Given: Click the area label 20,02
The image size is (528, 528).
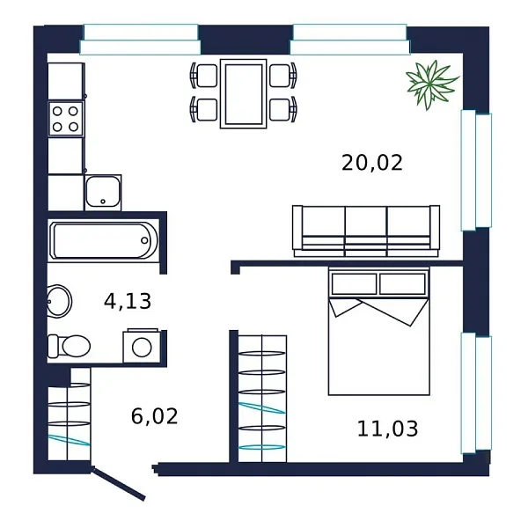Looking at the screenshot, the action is coord(371,163).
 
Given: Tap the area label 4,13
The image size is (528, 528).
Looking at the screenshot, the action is coord(128,301).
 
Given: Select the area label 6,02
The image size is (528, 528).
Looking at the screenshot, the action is coord(154,416).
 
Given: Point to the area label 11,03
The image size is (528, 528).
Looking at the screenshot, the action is coord(387,429).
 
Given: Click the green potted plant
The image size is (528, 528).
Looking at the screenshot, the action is coord(431,84).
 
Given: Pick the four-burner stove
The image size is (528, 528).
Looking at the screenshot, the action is coord(66,119).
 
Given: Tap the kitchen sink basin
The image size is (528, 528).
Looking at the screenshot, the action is coord(103,192).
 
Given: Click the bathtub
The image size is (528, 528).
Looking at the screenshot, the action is coord(103,240).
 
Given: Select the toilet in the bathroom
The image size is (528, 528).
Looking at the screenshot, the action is coord(69,346).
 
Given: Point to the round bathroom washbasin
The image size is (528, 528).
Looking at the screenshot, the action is coord(59,301).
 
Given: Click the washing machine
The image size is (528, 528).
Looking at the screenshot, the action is coord(142,346).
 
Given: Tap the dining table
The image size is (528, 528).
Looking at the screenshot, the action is coord(244,94).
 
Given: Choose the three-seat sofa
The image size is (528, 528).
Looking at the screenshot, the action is coord(366,231).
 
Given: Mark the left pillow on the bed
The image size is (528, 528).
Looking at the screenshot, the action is coord(355,284).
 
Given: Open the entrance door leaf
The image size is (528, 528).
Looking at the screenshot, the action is coord(119,482).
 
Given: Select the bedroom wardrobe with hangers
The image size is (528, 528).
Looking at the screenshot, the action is coord(262,399).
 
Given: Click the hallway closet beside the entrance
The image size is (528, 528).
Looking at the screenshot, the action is coord(69,414).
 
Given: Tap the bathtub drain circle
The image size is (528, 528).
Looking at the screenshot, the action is coord(144,240).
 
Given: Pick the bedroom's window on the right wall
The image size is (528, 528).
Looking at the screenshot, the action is coord(476,393).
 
